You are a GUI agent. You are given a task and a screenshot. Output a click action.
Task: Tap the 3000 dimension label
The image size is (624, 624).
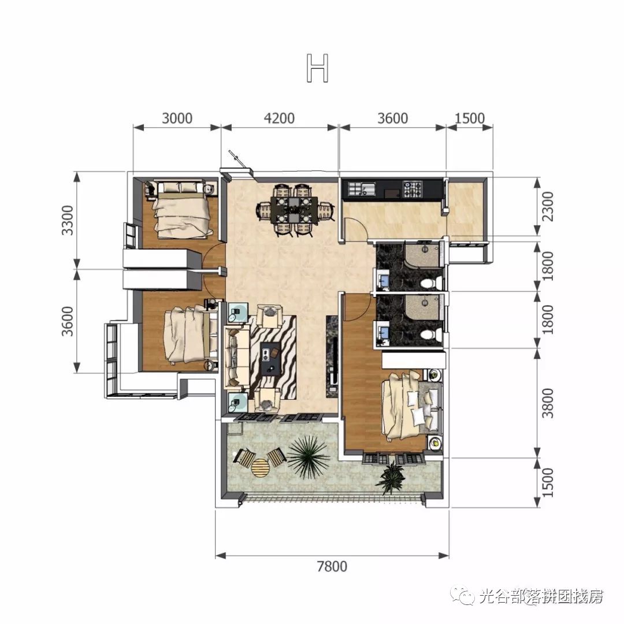177,118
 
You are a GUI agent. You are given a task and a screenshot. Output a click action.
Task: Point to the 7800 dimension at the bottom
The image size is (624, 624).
332,566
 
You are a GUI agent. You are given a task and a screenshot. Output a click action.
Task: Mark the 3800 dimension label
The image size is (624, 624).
548,403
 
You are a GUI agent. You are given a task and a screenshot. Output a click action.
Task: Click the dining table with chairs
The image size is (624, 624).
294,209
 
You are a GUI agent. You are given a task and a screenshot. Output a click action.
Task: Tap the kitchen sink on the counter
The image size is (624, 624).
362,188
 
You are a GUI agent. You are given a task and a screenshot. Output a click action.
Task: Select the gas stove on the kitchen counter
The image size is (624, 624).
413,188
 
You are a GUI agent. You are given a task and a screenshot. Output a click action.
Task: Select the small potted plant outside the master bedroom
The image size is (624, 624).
392,477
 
